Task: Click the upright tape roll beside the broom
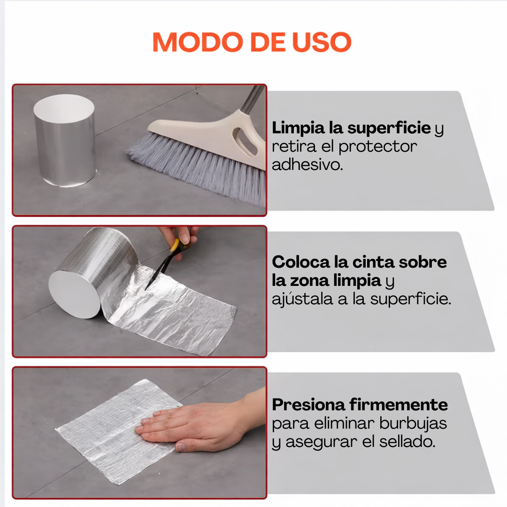click(x=65, y=141)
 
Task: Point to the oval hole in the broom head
click(x=246, y=140)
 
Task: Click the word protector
click(x=377, y=146)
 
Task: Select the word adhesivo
click(x=307, y=165)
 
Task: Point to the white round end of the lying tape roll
click(x=74, y=293)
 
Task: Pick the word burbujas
click(x=415, y=423)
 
